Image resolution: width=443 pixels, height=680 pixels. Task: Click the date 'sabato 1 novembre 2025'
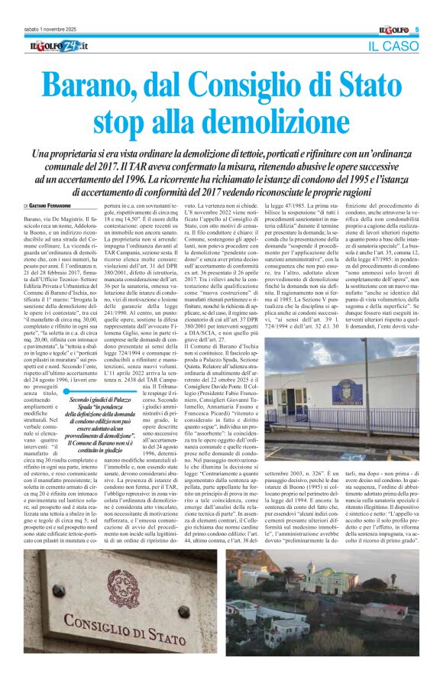[x=48, y=30]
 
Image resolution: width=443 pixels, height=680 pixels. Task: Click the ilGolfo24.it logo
[x=54, y=48]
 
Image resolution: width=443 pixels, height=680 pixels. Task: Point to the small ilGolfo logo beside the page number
[x=393, y=30]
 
